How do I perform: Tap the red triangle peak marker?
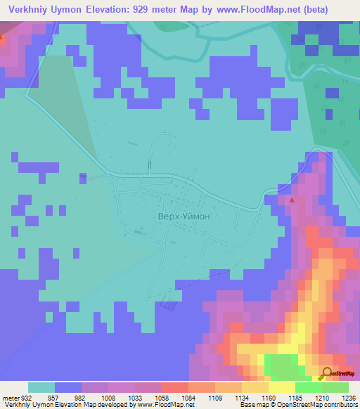(x=292, y=200)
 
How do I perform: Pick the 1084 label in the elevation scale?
(x=179, y=397)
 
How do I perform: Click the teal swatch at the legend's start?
(x=41, y=387)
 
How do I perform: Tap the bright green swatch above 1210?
(x=309, y=387)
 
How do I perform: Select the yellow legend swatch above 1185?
(x=282, y=387)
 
